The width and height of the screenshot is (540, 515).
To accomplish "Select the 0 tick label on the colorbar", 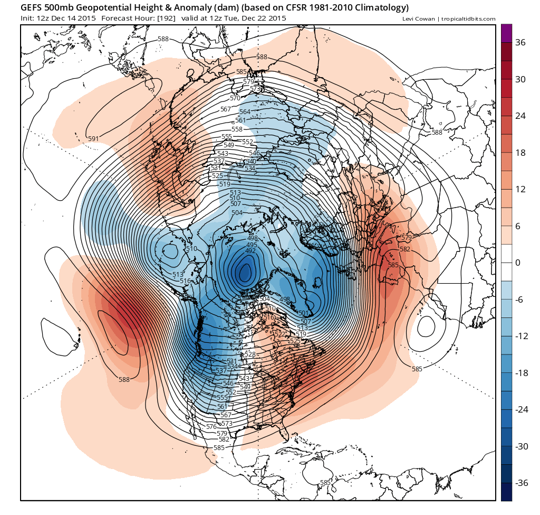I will pos(517,263).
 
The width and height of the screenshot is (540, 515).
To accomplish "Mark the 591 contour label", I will pos(93,138).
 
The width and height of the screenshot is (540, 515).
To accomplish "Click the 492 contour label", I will pos(250,251).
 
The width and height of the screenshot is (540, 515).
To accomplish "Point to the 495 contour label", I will pos(252,245).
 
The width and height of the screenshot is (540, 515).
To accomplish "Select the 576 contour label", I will pos(211,426).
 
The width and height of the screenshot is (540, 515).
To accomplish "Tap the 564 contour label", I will pos(245,112).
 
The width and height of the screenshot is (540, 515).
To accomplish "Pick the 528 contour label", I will pos(250,354).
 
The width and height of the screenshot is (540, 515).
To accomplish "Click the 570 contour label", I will pos(235,98).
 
